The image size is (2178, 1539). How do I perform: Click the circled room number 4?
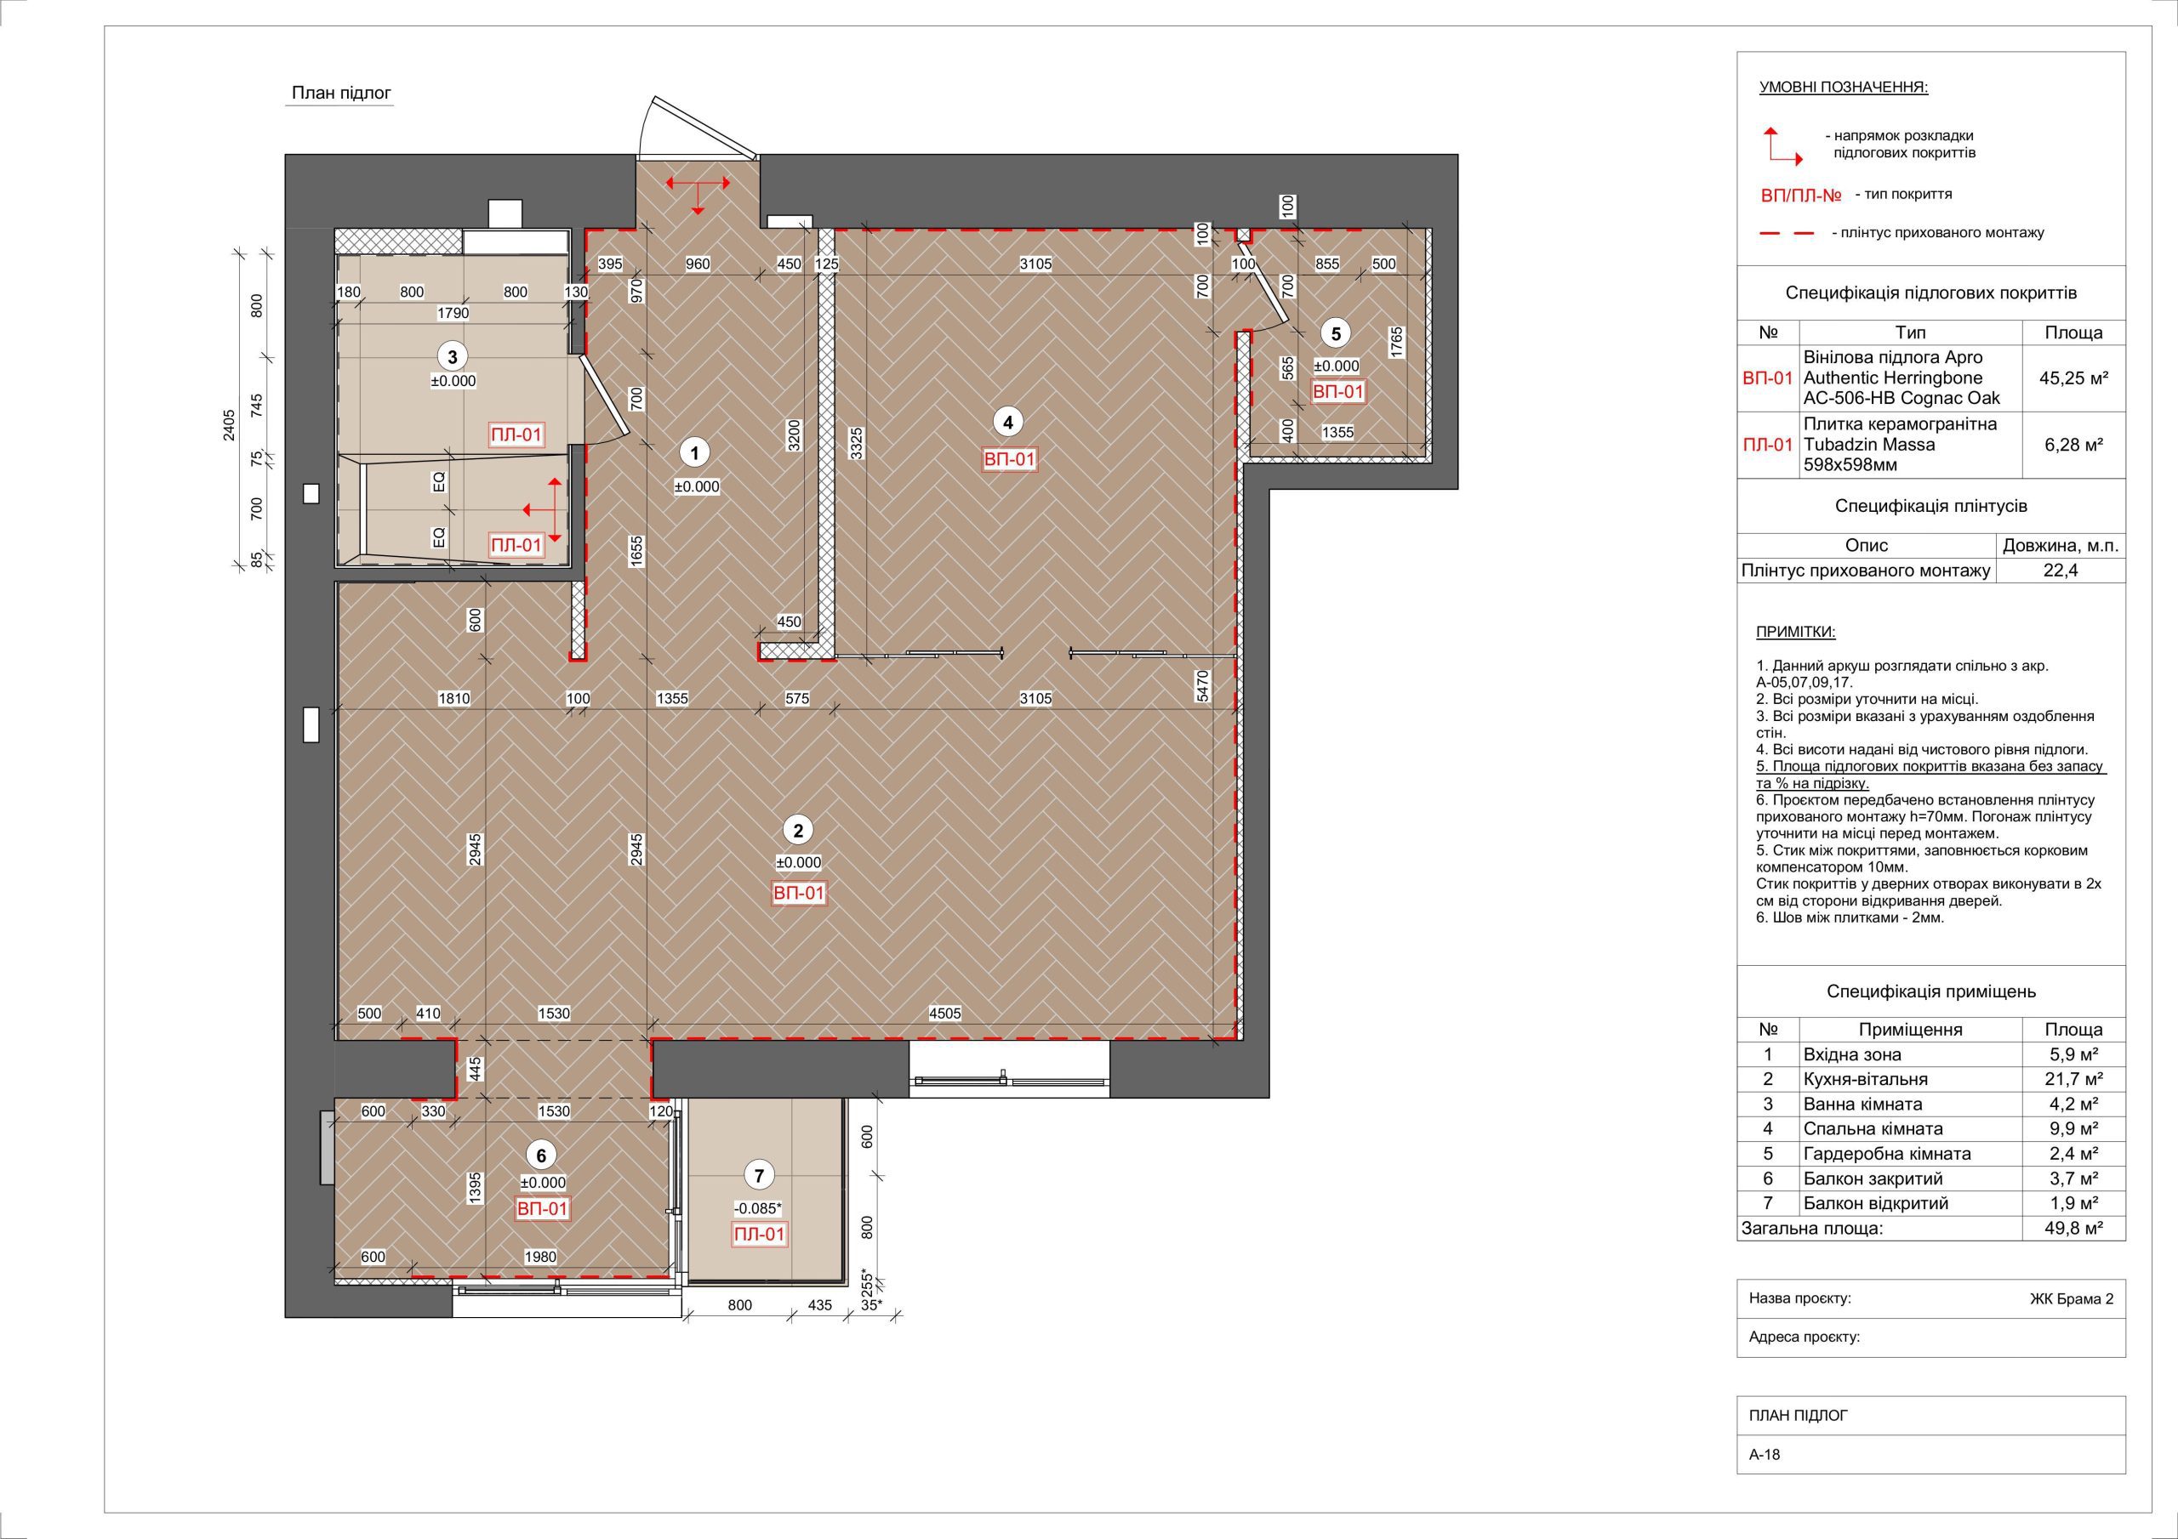pyautogui.click(x=1008, y=421)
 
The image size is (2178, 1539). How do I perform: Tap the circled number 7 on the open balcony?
pyautogui.click(x=758, y=1176)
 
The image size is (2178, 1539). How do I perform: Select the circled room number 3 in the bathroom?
pyautogui.click(x=453, y=356)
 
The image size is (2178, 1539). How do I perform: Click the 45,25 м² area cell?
pyautogui.click(x=2073, y=378)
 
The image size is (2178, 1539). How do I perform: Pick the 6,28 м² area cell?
pyautogui.click(x=2073, y=444)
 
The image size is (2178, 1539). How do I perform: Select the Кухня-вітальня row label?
pyautogui.click(x=1866, y=1079)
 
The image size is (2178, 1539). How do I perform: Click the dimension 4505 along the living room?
pyautogui.click(x=945, y=1013)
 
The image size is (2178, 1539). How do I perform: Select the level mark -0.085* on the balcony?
pyautogui.click(x=758, y=1208)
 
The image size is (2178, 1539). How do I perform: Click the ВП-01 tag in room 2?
pyautogui.click(x=799, y=894)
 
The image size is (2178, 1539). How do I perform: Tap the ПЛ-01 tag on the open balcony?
pyautogui.click(x=759, y=1235)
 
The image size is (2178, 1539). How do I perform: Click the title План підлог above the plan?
pyautogui.click(x=341, y=93)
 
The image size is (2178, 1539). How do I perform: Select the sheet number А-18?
pyautogui.click(x=1765, y=1480)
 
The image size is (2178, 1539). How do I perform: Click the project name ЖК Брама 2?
pyautogui.click(x=2072, y=1299)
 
